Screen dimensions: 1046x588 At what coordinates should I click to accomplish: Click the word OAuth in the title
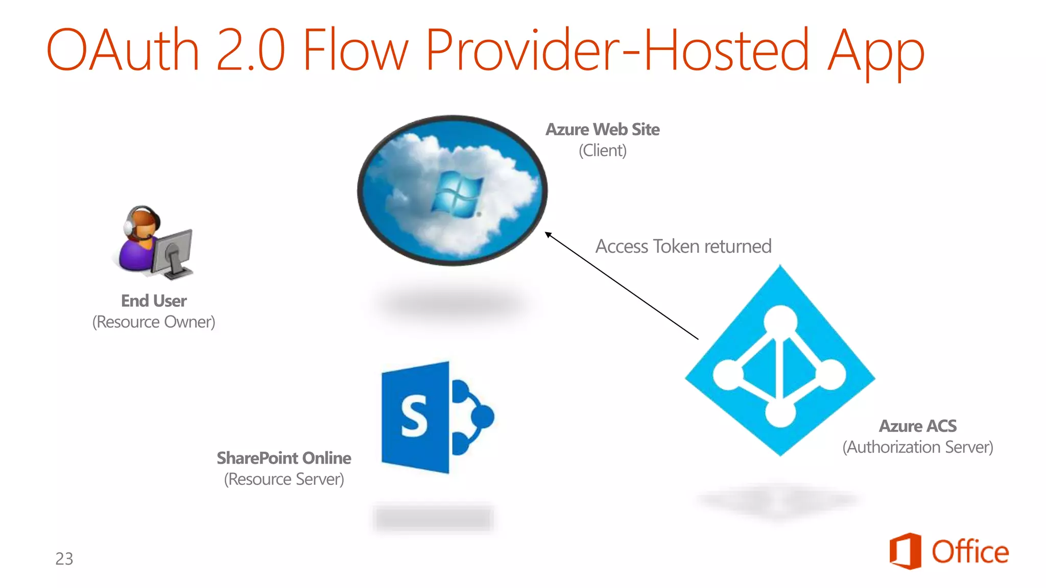point(123,50)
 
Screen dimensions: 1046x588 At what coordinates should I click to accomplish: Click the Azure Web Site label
point(602,130)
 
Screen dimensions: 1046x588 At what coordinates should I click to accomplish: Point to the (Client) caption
point(602,151)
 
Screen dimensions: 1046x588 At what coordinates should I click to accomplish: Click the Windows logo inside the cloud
point(456,194)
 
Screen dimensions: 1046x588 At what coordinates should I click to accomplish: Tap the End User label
point(154,301)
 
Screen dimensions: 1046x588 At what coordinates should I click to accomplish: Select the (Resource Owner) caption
point(154,322)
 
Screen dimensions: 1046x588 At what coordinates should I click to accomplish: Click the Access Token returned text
point(683,247)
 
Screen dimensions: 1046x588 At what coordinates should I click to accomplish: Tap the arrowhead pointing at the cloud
point(549,235)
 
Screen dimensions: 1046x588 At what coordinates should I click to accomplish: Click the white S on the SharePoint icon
point(414,417)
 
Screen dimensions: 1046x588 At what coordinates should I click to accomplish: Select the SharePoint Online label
point(284,458)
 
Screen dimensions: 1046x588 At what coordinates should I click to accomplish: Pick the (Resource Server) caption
point(284,479)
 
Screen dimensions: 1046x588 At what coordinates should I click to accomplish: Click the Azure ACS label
point(918,426)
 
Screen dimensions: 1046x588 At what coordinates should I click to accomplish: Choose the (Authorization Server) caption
point(918,447)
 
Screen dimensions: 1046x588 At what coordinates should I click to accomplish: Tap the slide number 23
point(64,559)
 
